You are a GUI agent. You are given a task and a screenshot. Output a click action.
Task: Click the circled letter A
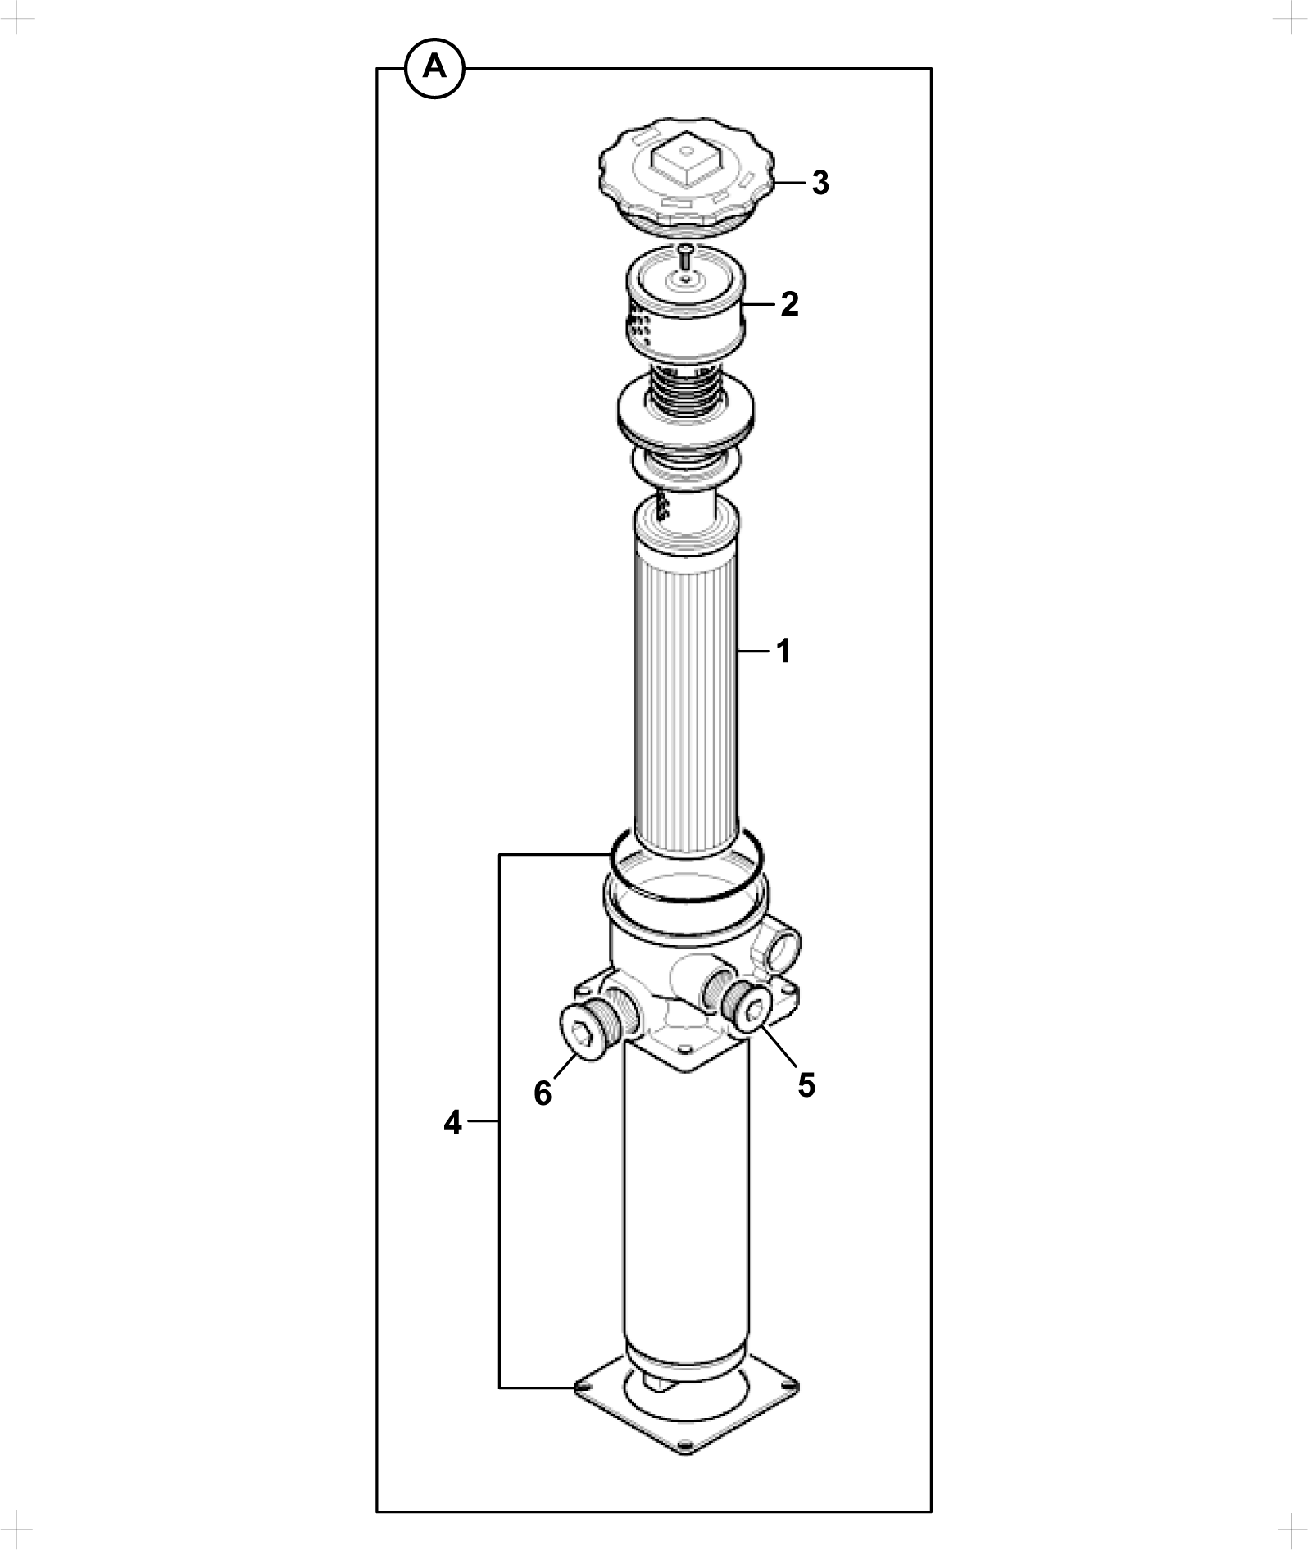(x=434, y=68)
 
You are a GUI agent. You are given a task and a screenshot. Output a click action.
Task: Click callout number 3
(x=820, y=184)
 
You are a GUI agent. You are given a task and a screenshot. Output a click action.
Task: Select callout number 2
(x=789, y=304)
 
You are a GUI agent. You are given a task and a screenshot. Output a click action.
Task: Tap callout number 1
(x=784, y=652)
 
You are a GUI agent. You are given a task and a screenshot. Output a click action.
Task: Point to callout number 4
(x=453, y=1122)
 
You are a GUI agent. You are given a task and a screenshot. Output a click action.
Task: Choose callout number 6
(x=543, y=1093)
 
